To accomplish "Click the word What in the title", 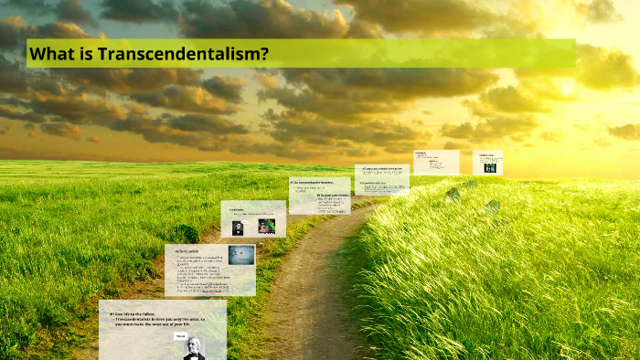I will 49,54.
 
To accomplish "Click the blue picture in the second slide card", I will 241,255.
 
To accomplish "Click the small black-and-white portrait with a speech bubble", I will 238,227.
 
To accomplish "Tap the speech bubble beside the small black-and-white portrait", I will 246,222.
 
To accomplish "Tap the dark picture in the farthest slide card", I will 489,167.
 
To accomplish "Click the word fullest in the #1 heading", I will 157,313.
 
